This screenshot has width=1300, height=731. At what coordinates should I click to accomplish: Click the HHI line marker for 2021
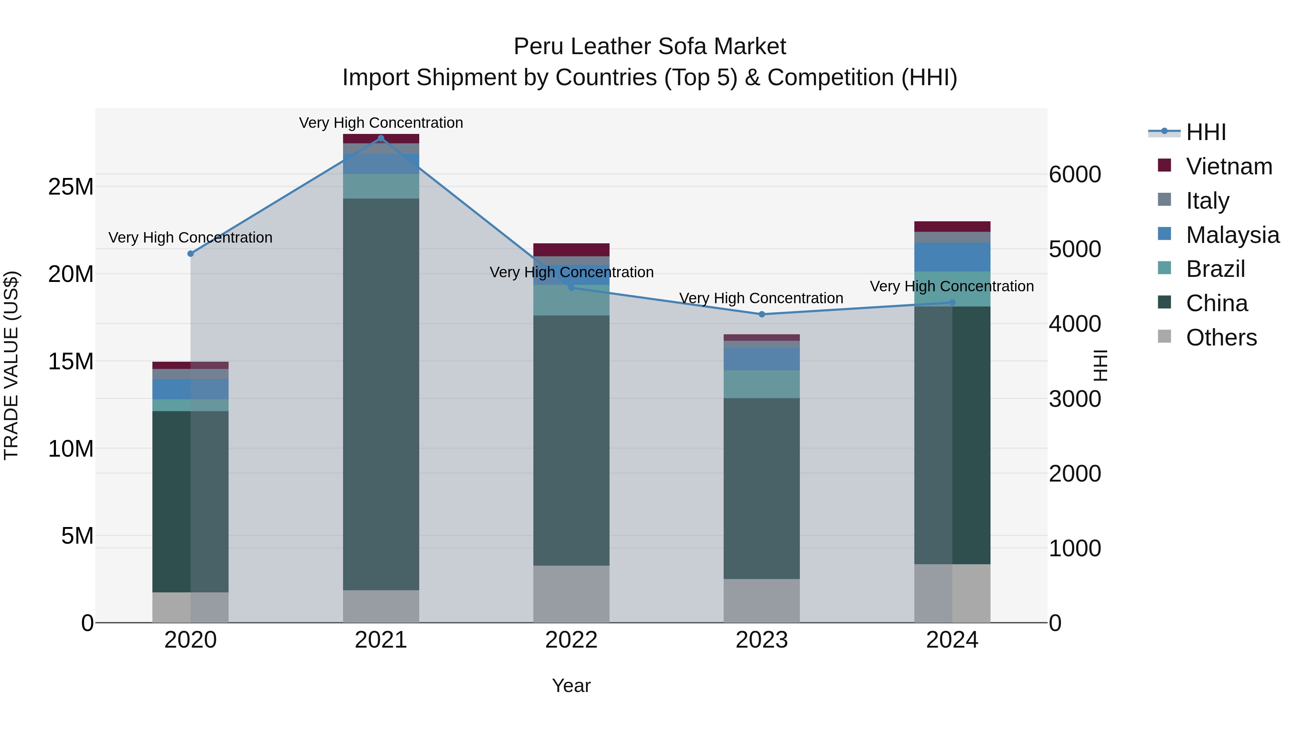[381, 138]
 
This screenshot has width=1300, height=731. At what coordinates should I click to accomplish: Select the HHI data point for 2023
[762, 314]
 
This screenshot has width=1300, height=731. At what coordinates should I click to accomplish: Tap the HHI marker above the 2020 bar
[191, 254]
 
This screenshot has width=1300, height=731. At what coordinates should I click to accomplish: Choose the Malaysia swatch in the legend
[1164, 234]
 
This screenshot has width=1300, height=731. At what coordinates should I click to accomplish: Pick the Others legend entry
[1221, 338]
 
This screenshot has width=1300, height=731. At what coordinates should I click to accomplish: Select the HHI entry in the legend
[1206, 132]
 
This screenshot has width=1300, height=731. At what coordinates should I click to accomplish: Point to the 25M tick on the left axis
[71, 187]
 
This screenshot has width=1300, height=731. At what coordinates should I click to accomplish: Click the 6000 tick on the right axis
[1075, 175]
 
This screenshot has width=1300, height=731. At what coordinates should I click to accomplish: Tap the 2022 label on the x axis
[571, 640]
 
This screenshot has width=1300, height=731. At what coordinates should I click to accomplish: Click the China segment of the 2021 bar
[381, 393]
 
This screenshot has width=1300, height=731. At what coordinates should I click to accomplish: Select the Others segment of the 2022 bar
[571, 594]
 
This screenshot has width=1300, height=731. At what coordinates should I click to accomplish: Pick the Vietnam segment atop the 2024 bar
[952, 226]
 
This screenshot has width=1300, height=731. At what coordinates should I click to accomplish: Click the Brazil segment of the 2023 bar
[762, 384]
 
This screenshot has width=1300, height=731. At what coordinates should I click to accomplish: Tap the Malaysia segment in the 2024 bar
[952, 257]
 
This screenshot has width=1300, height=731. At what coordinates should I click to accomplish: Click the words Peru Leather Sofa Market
[650, 47]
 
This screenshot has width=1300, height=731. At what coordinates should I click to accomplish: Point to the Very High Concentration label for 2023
[761, 298]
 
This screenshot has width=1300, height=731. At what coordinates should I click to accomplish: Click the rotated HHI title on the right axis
[1100, 365]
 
